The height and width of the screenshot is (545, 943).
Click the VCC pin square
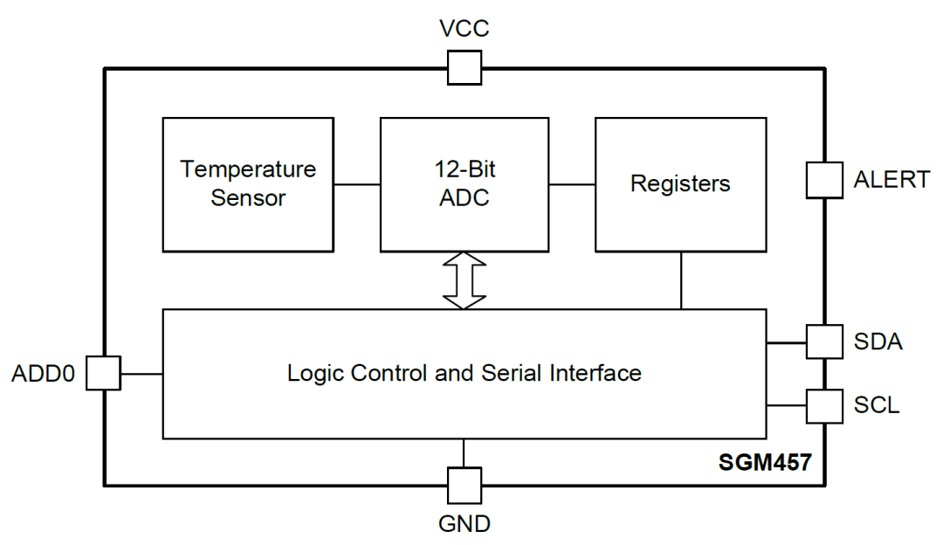[465, 68]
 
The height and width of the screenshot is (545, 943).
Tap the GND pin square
[465, 486]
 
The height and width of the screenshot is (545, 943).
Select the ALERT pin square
[824, 180]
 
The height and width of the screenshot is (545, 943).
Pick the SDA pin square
[824, 341]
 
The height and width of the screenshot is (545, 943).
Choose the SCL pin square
[824, 406]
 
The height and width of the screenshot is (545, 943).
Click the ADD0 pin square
[103, 373]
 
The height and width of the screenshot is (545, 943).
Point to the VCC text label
[465, 28]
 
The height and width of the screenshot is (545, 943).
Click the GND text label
[465, 524]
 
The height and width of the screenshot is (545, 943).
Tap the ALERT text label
[891, 180]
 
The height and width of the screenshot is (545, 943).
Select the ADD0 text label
[44, 374]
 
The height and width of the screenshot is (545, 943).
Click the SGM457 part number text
[765, 462]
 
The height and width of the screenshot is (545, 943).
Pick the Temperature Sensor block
[248, 184]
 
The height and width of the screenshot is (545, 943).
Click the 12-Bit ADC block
[465, 184]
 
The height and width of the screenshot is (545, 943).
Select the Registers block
[681, 184]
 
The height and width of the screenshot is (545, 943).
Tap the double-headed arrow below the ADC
[465, 280]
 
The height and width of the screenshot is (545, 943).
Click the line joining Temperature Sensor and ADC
[357, 184]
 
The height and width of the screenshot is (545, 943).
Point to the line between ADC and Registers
[572, 184]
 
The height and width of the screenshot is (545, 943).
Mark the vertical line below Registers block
[681, 280]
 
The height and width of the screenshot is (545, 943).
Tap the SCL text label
[877, 405]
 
